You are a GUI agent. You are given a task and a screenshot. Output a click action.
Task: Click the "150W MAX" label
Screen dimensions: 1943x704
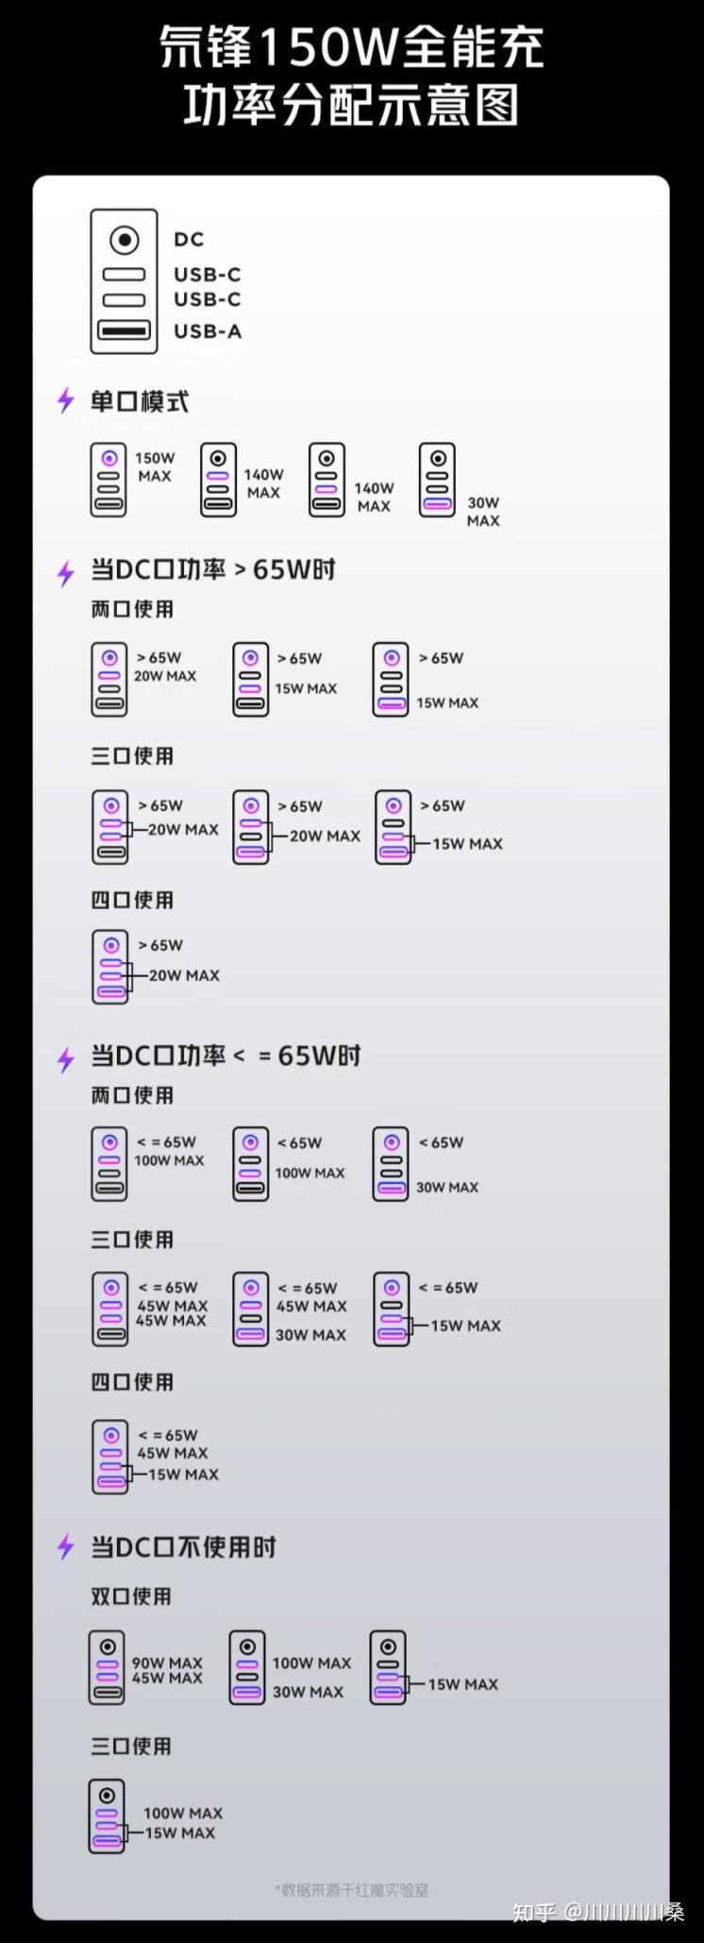(155, 466)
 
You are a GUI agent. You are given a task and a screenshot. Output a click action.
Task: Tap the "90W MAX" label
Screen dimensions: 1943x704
(167, 1663)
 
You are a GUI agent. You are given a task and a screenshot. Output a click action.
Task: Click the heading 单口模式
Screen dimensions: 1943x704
(139, 402)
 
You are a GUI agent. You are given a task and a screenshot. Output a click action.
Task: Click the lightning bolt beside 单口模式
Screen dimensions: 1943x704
(65, 401)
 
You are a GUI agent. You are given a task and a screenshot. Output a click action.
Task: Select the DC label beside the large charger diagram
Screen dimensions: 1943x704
(189, 240)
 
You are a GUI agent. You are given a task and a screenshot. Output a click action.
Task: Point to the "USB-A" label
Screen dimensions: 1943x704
(208, 331)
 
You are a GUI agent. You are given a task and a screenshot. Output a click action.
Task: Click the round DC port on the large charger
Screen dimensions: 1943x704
(124, 240)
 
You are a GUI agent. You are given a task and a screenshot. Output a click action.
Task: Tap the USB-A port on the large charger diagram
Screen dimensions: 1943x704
(124, 331)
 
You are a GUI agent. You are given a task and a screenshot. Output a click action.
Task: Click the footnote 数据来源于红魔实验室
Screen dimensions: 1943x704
(351, 1890)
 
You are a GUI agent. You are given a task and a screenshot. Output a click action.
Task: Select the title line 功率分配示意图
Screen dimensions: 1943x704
(351, 106)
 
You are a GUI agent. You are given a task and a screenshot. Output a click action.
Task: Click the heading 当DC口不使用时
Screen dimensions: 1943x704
(183, 1547)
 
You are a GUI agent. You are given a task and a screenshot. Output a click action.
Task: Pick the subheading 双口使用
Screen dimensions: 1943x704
(131, 1597)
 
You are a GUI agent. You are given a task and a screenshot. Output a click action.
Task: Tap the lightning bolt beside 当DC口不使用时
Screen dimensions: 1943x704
(65, 1547)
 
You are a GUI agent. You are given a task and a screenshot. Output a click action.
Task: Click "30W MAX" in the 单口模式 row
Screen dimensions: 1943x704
(483, 512)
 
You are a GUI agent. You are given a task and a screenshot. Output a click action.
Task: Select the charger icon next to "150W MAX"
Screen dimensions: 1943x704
(109, 480)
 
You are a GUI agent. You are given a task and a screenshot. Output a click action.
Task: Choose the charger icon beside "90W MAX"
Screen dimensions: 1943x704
(107, 1667)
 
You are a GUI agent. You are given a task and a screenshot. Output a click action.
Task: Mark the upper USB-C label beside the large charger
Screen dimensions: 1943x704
(208, 275)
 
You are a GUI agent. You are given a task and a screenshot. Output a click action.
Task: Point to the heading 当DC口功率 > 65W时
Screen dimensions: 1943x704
(213, 570)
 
